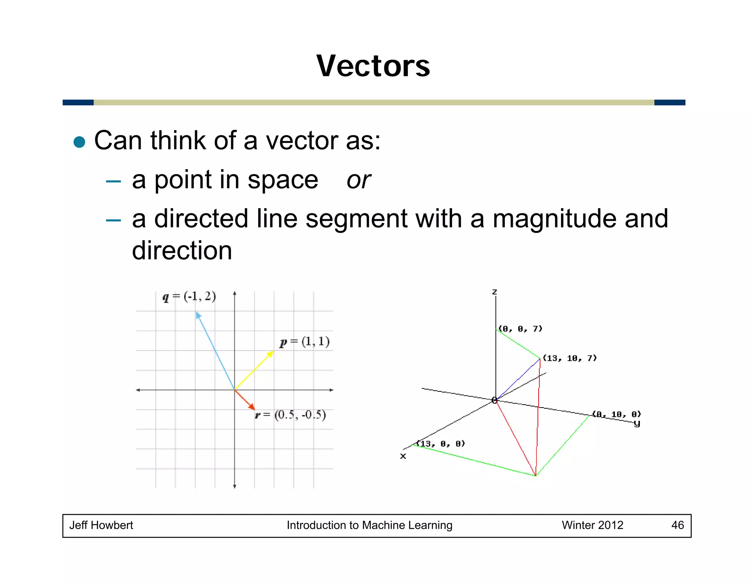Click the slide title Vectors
[373, 66]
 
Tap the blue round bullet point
[80, 142]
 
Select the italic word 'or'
[358, 180]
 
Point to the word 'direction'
[182, 251]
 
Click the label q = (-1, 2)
[189, 296]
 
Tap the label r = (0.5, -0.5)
[291, 415]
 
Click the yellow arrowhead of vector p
[271, 354]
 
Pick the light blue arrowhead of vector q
[198, 315]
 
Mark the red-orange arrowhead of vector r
[252, 407]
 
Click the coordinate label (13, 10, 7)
[570, 358]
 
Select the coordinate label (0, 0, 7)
[520, 329]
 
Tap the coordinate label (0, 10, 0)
[616, 414]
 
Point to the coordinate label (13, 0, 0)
[440, 444]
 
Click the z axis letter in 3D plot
[494, 292]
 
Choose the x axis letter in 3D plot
[403, 456]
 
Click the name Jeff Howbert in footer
[101, 525]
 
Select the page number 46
[677, 525]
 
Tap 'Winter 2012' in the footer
[592, 525]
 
